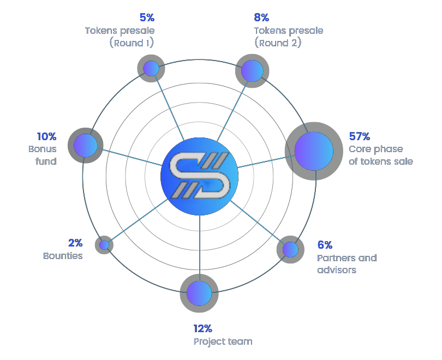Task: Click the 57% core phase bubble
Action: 314,151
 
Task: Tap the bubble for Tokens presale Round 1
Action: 151,68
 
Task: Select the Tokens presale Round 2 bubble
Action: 252,71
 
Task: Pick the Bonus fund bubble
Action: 86,145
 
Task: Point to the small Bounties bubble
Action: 104,245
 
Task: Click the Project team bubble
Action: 199,293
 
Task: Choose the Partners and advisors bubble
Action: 290,249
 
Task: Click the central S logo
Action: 200,176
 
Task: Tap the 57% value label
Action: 360,136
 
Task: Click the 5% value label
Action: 147,17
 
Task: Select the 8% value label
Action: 261,17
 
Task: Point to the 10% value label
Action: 46,136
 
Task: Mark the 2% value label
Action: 75,243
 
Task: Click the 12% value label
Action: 202,328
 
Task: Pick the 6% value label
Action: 325,245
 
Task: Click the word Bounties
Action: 63,256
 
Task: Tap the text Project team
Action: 223,341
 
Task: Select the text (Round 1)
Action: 132,43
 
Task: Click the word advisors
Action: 337,270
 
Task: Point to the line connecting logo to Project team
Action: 199,245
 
